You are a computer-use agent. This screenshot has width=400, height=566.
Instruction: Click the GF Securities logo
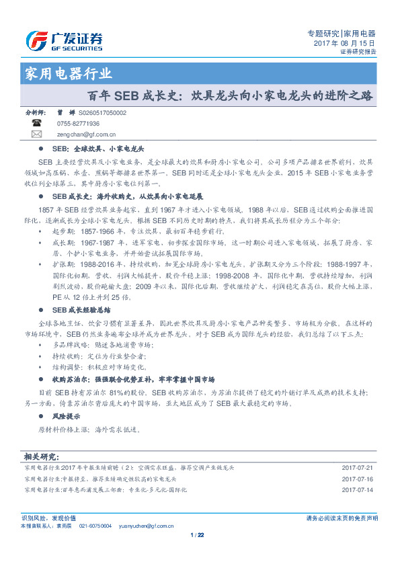pyautogui.click(x=64, y=41)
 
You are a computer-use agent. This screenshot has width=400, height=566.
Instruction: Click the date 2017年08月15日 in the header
pyautogui.click(x=344, y=42)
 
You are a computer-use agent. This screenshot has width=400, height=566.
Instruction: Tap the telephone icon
pyautogui.click(x=36, y=124)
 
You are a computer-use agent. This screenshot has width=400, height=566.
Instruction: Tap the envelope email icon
pyautogui.click(x=36, y=134)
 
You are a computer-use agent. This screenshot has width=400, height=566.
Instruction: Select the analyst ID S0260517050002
pyautogui.click(x=102, y=114)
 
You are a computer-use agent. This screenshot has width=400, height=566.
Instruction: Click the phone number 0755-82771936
pyautogui.click(x=78, y=124)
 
